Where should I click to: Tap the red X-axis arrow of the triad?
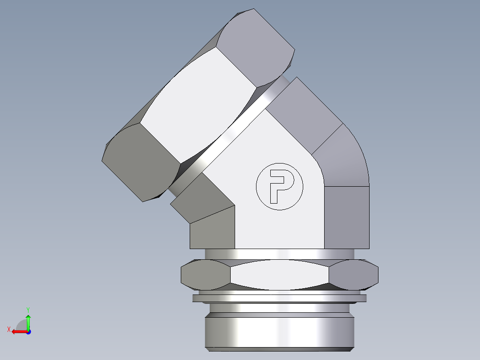pyautogui.click(x=18, y=331)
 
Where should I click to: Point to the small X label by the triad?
pyautogui.click(x=8, y=329)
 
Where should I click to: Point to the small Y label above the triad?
pyautogui.click(x=28, y=309)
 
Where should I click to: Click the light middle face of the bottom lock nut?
pyautogui.click(x=280, y=274)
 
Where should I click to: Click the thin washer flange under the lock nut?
pyautogui.click(x=280, y=298)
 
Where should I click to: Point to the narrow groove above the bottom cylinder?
pyautogui.click(x=280, y=308)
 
